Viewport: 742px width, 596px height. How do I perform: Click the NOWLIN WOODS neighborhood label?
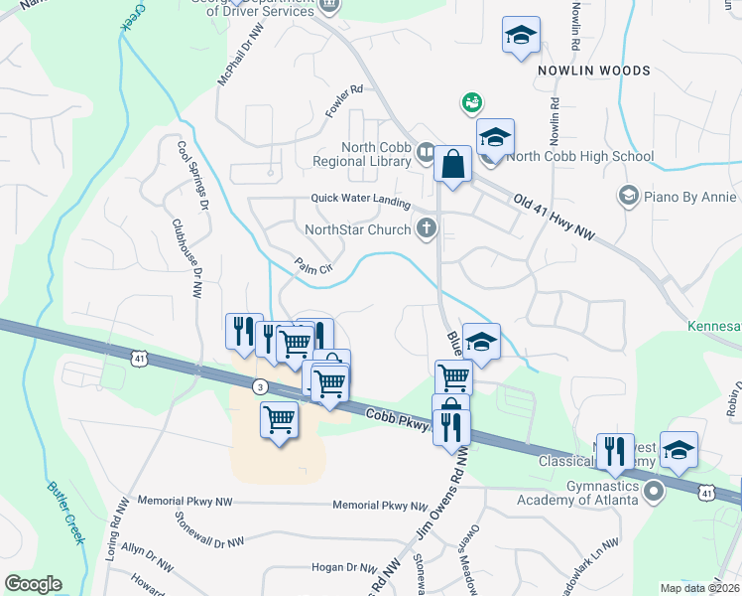click(x=594, y=71)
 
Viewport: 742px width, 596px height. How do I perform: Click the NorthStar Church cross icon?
click(x=427, y=229)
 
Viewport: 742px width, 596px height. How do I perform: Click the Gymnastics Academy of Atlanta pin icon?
click(x=654, y=491)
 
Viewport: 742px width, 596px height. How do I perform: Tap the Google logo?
click(x=33, y=584)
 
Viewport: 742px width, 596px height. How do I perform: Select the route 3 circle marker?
click(x=259, y=385)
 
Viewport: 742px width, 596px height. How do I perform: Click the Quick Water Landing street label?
click(x=360, y=200)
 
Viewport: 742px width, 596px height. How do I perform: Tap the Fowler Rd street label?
click(x=344, y=102)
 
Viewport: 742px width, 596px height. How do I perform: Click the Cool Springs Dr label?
click(x=191, y=174)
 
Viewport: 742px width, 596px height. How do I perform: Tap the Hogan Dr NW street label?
click(x=312, y=567)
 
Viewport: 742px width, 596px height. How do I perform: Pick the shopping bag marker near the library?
click(x=452, y=164)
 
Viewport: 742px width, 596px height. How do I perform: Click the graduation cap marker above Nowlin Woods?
click(x=521, y=37)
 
